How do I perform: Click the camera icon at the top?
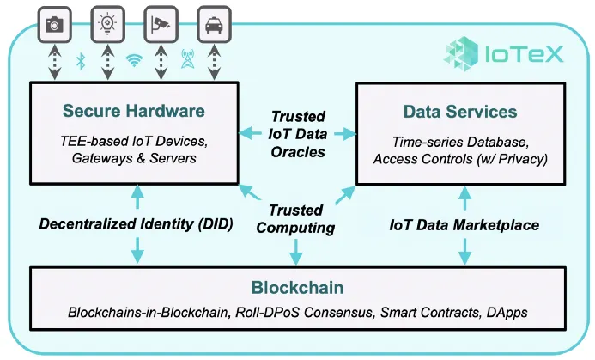[x=55, y=24]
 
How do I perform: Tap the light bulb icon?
[x=108, y=24]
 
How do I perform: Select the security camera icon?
[x=160, y=24]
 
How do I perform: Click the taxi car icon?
[x=213, y=24]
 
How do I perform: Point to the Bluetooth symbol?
[x=82, y=61]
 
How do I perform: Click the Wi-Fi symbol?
[x=134, y=61]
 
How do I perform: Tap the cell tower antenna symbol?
[x=186, y=61]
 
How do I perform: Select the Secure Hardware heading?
[x=133, y=111]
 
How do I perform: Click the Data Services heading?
[x=460, y=112]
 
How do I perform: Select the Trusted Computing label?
[x=295, y=218]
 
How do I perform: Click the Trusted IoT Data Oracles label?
[x=298, y=134]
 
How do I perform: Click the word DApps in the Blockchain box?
[x=502, y=314]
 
